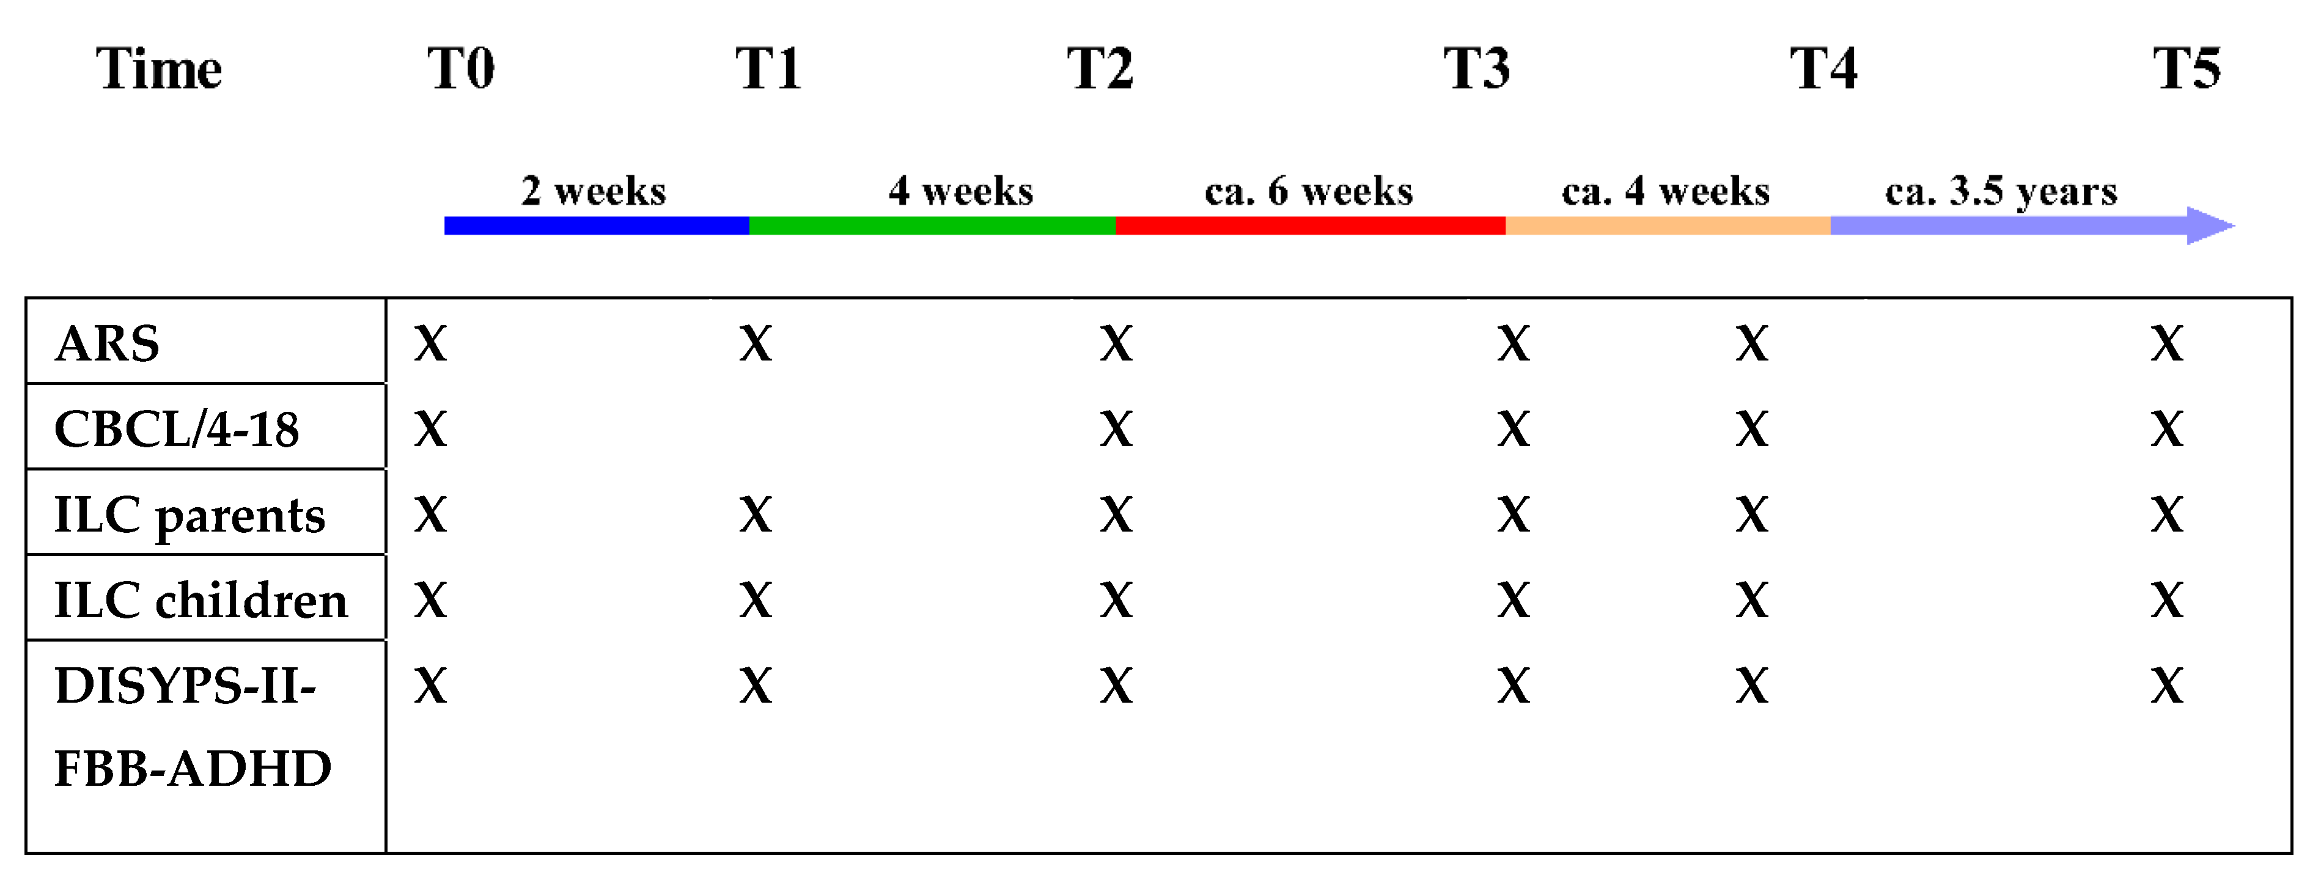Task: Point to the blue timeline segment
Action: [597, 226]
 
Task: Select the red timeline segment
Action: [1310, 226]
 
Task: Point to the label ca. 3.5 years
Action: [2001, 191]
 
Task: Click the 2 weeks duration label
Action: [594, 191]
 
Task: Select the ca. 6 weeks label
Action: [1308, 191]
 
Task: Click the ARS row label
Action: [107, 343]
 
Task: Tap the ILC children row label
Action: [200, 600]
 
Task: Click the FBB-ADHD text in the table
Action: [193, 768]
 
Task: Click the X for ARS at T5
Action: [2166, 343]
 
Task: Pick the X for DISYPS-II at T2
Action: [1116, 686]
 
